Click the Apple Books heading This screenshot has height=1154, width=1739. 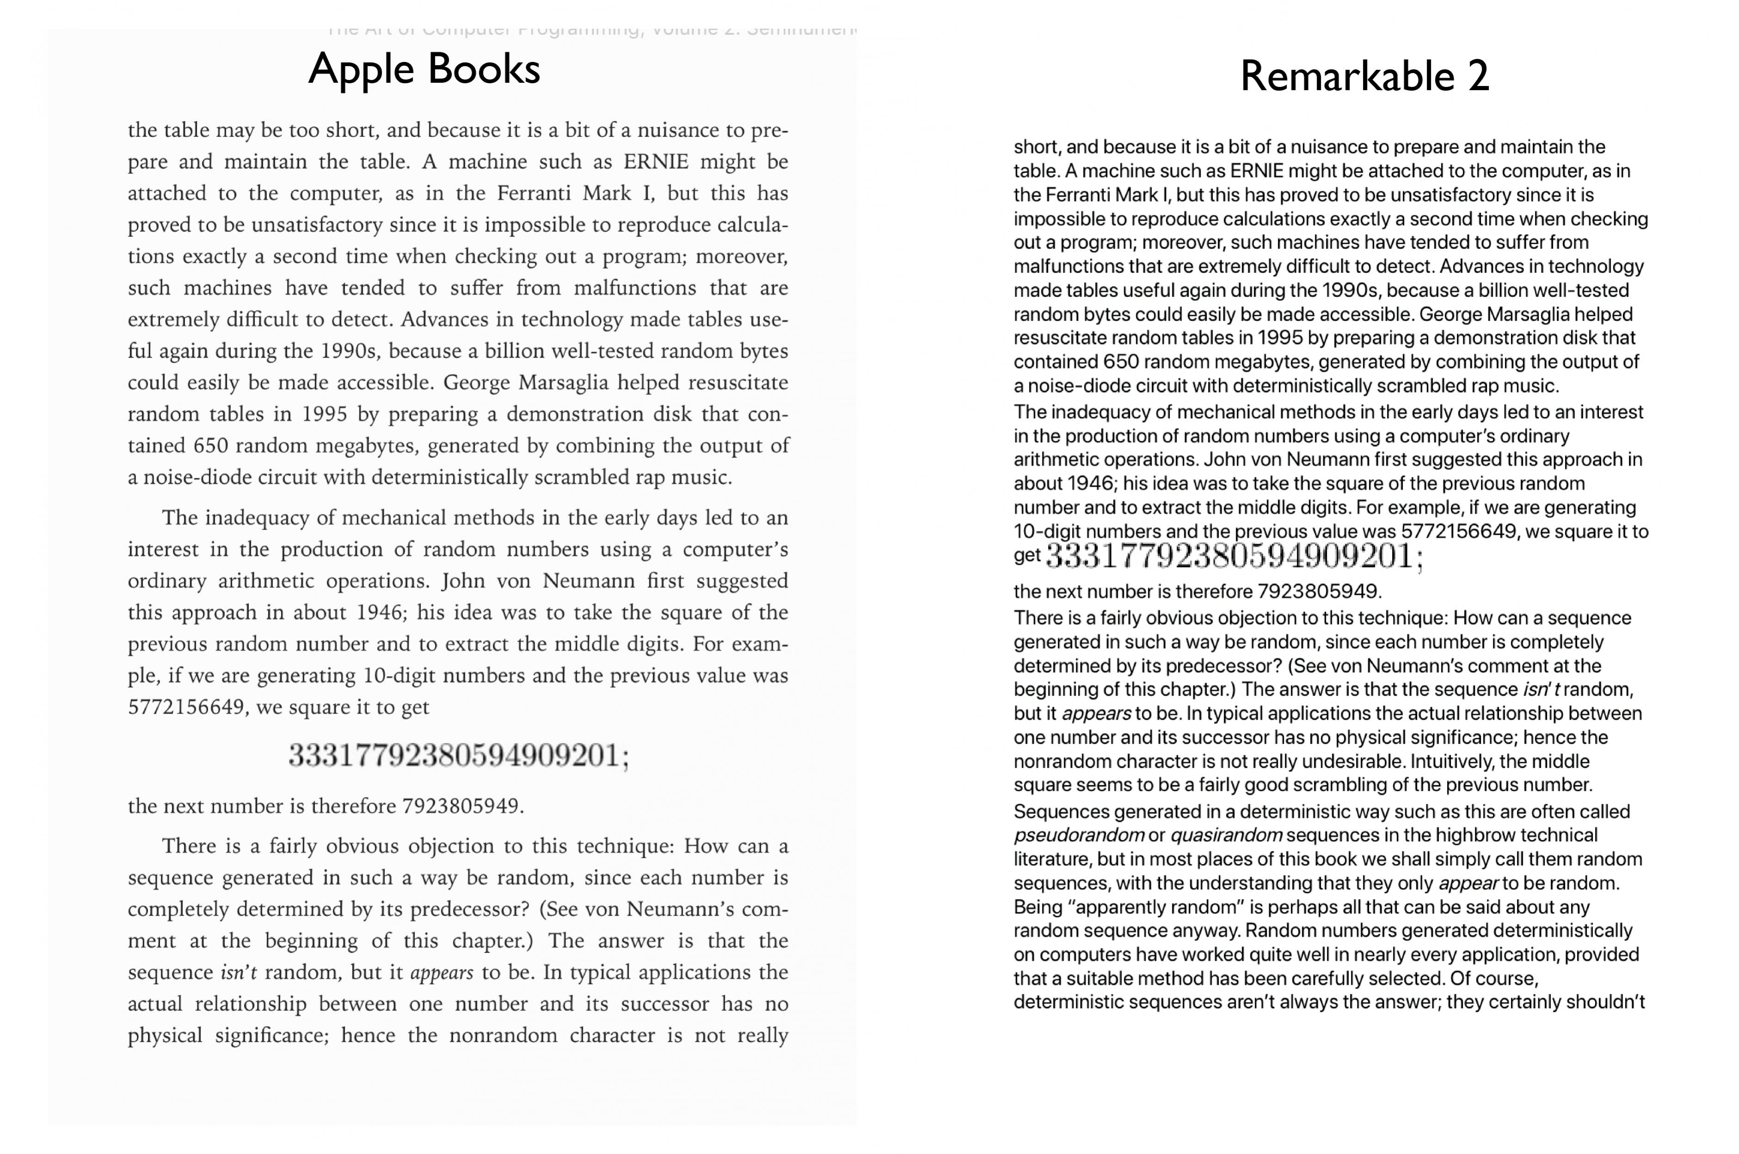(424, 69)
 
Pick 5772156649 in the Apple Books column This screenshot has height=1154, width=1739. (186, 707)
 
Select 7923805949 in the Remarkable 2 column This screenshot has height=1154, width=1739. (1317, 592)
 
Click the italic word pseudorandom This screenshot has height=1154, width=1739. (1078, 835)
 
